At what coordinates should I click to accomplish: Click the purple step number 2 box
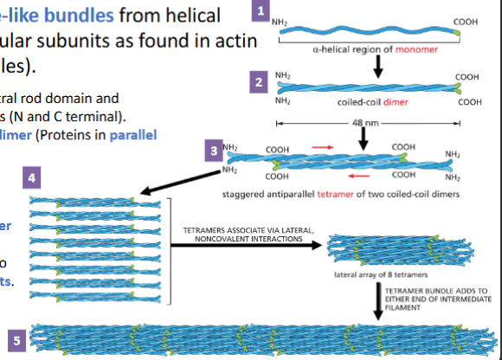click(257, 82)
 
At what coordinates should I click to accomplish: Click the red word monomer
click(416, 50)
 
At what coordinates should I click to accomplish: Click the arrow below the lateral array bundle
click(377, 299)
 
